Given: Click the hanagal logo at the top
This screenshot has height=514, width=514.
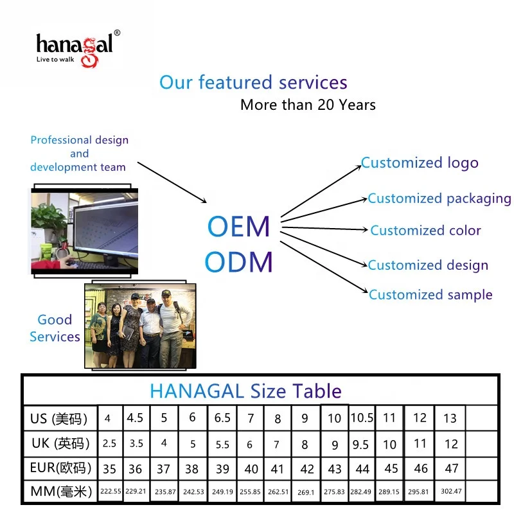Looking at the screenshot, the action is coord(78,49).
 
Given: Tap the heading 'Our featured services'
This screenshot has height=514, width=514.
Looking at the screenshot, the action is coord(253,82).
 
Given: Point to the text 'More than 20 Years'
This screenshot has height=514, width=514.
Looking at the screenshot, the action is coord(308,105).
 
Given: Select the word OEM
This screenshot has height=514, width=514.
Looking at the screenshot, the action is coord(238,226).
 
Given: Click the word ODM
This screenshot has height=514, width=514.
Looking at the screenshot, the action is coord(238,261).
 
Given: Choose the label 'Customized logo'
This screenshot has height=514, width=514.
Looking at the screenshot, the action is coord(420,163).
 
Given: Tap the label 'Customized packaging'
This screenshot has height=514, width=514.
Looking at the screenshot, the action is coord(439,199).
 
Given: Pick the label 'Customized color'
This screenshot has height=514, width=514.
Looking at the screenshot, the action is coord(425,231).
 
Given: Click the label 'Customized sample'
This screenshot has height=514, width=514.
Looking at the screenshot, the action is coord(430,295).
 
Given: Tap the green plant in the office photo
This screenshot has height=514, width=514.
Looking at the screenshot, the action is coord(49,218).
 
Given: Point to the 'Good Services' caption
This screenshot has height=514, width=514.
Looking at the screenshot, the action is coord(55,328).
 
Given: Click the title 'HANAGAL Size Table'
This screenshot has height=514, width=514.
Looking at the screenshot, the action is coord(245,391).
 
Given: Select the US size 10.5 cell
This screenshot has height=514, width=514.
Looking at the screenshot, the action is coord(362,418).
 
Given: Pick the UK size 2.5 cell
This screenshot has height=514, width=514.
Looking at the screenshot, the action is coord(109,443).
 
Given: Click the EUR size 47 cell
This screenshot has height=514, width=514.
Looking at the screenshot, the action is coord(452,468).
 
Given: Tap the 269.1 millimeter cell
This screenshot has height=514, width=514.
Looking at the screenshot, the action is coord(306,492).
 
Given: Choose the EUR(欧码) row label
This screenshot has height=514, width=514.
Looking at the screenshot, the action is coord(60,468).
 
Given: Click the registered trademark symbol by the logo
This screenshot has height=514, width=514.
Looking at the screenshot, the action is coord(117,33).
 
